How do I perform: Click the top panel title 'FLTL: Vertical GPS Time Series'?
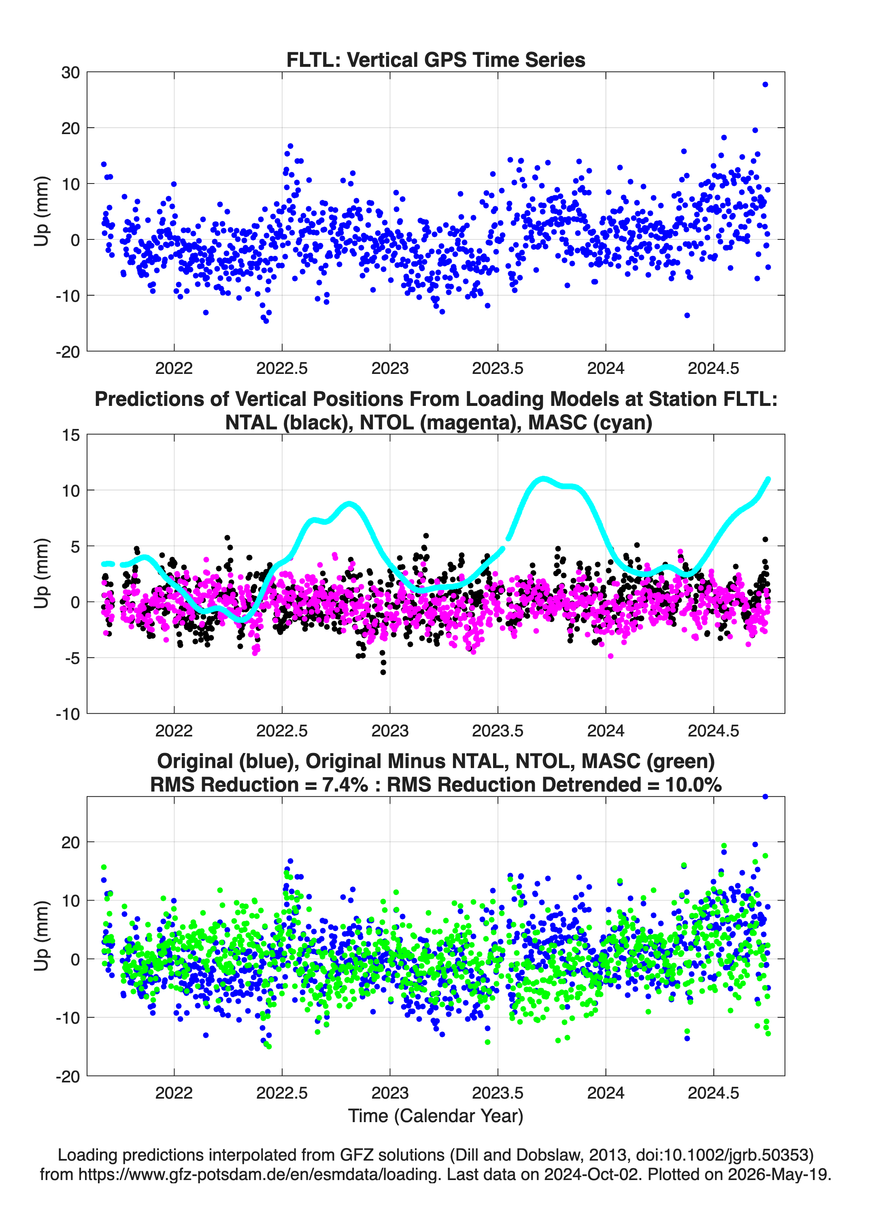(436, 60)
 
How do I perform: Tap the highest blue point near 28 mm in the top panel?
(765, 84)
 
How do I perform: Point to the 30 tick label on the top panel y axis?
(70, 73)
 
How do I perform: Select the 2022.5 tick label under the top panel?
(282, 368)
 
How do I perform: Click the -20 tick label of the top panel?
(68, 352)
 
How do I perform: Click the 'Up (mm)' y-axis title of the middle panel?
(42, 574)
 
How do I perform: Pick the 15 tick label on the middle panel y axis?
(71, 435)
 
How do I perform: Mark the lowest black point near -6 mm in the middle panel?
(383, 672)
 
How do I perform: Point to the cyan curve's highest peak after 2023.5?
(542, 479)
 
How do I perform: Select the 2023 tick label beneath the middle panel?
(390, 730)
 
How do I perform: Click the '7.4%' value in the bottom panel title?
(345, 785)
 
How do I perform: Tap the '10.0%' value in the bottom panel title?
(693, 785)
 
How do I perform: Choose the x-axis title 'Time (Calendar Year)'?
(436, 1116)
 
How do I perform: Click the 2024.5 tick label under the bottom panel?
(713, 1093)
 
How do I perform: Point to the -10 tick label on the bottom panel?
(68, 1018)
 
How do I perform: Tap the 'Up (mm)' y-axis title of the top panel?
(42, 211)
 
